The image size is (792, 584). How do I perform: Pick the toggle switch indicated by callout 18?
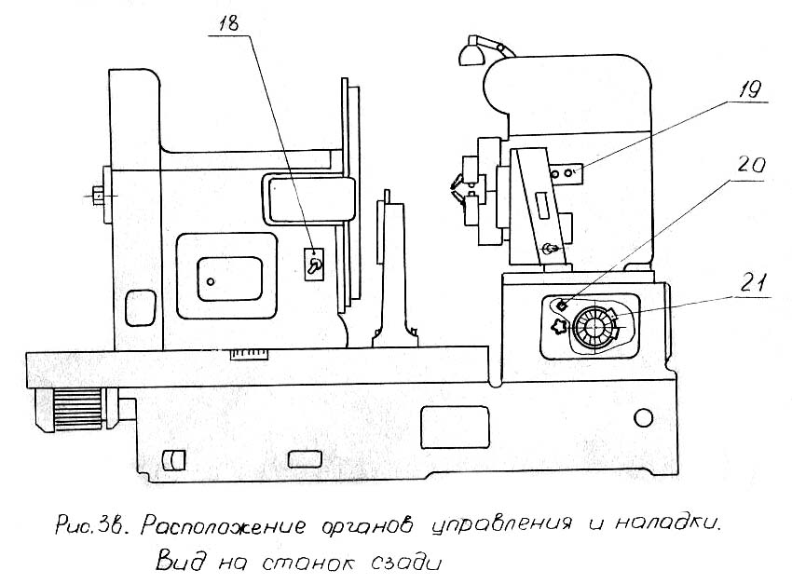pos(316,266)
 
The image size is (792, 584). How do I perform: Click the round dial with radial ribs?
pos(593,327)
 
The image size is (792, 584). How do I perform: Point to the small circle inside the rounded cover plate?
pos(212,280)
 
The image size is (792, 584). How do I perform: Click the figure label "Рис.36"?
pos(83,526)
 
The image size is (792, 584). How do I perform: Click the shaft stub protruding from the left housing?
pos(97,197)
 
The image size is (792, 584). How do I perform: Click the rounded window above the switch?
pos(310,198)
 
